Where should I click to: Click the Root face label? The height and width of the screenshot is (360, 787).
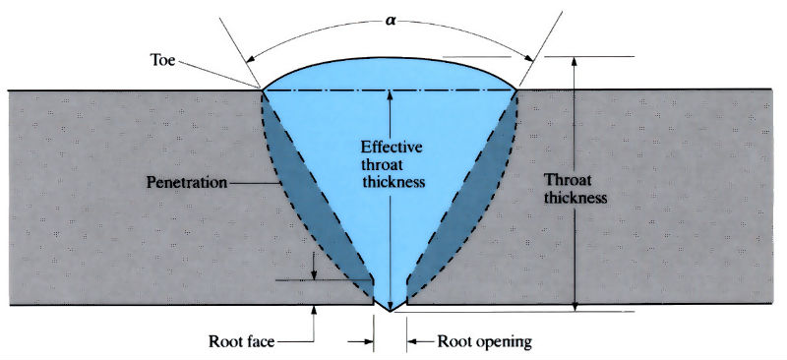click(x=241, y=342)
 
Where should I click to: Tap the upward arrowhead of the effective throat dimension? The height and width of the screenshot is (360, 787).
click(x=391, y=94)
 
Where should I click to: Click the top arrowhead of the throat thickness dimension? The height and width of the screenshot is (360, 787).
click(x=574, y=60)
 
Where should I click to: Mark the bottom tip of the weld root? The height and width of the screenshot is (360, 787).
click(x=391, y=311)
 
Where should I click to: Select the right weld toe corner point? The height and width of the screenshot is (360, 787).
click(x=518, y=90)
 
